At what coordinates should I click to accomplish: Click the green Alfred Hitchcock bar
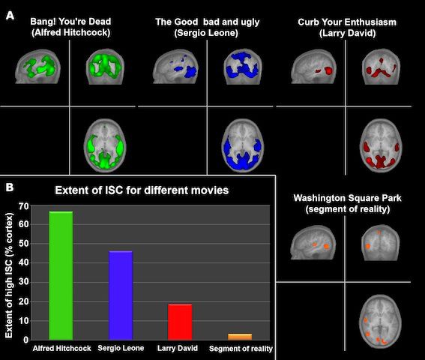click(x=61, y=275)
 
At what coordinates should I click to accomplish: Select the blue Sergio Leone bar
click(x=121, y=295)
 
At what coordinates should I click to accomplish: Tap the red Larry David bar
click(x=180, y=322)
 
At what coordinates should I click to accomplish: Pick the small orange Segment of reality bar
click(x=240, y=337)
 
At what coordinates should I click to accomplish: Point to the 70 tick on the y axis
click(x=23, y=206)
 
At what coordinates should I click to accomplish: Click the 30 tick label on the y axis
click(x=23, y=282)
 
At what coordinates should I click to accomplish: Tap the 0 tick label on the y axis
click(x=26, y=340)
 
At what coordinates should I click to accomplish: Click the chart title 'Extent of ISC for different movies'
click(x=142, y=190)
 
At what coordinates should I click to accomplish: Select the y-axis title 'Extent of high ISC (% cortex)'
click(x=9, y=275)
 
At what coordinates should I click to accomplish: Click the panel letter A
click(x=10, y=16)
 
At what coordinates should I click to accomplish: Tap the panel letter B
click(x=10, y=187)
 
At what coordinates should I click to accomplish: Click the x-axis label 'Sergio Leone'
click(x=121, y=348)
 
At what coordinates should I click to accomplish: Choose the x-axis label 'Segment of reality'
click(x=241, y=349)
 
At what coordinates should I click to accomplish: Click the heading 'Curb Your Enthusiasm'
click(x=347, y=22)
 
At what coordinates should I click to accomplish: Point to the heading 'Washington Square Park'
click(x=347, y=198)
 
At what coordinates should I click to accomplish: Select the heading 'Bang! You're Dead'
click(x=70, y=22)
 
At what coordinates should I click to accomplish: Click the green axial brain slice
click(x=105, y=145)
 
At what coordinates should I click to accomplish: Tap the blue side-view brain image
click(x=175, y=66)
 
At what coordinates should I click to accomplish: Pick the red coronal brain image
click(x=381, y=67)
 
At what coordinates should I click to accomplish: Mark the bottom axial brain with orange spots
click(x=380, y=322)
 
